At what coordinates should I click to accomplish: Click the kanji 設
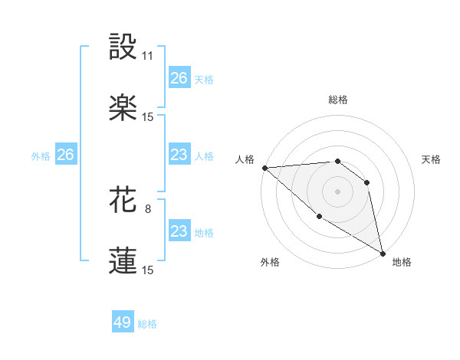tap(123, 47)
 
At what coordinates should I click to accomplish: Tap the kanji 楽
tap(123, 107)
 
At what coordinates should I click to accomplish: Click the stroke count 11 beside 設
tap(148, 56)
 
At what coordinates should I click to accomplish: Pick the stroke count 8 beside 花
tap(148, 208)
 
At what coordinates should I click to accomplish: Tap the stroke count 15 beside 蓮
tap(148, 270)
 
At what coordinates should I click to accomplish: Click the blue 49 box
tap(123, 322)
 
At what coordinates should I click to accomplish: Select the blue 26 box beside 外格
tap(65, 155)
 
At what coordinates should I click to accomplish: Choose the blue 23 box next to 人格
tap(179, 155)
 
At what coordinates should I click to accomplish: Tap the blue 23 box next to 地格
tap(179, 231)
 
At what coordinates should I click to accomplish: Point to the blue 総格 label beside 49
tap(148, 324)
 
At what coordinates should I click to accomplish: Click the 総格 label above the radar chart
tap(338, 100)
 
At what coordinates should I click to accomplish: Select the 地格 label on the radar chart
tap(402, 262)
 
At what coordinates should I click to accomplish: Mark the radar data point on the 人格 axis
tap(264, 168)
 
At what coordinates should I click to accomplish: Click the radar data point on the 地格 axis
tap(382, 252)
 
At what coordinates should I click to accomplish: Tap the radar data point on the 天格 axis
tap(366, 182)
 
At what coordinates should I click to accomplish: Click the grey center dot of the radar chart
tap(337, 191)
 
